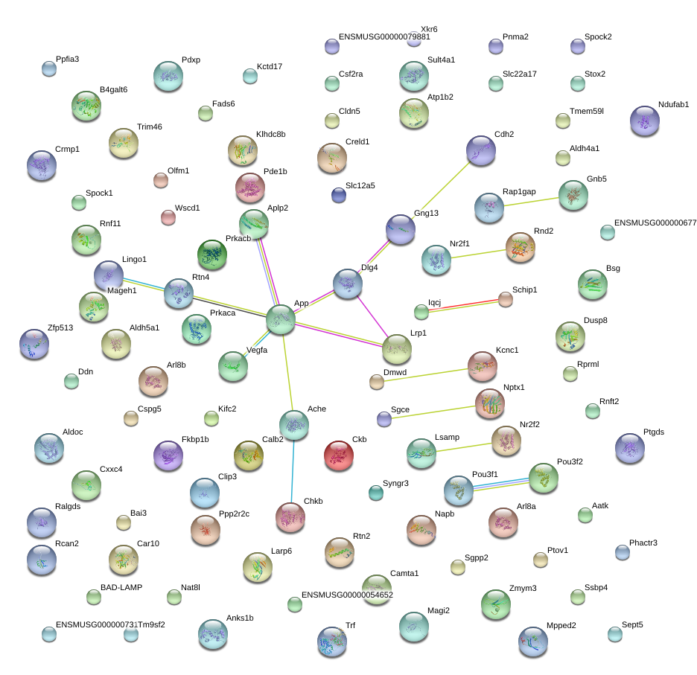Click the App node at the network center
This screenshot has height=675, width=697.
click(x=281, y=319)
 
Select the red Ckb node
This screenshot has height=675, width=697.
click(x=339, y=454)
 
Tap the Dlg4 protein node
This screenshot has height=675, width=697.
click(x=348, y=283)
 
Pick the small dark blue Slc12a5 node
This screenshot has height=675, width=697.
click(x=339, y=195)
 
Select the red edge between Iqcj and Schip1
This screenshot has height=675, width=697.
click(x=463, y=304)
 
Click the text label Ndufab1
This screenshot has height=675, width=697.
click(x=673, y=104)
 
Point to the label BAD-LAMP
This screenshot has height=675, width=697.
click(x=121, y=587)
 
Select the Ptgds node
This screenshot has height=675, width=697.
click(x=630, y=447)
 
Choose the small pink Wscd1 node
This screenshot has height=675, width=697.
click(x=168, y=217)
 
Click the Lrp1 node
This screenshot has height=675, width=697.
click(x=396, y=348)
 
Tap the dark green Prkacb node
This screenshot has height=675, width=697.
click(x=211, y=255)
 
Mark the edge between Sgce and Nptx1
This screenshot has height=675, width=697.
click(x=433, y=411)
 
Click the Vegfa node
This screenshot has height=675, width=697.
click(x=233, y=365)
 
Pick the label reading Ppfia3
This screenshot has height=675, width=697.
click(x=67, y=60)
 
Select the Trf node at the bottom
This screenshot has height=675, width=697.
click(x=332, y=642)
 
